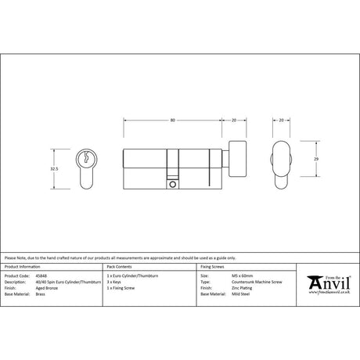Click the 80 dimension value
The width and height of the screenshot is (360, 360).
pyautogui.click(x=171, y=120)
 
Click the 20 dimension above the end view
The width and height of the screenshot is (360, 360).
pyautogui.click(x=281, y=120)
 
